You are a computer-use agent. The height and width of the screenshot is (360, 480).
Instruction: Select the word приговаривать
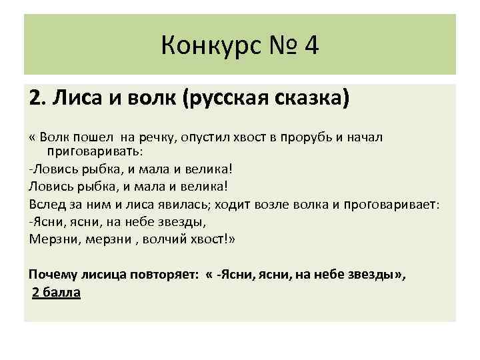coord(99,151)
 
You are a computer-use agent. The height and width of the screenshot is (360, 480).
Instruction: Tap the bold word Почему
coord(53,275)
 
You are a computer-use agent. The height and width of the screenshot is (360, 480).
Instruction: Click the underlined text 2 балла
coord(57,293)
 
